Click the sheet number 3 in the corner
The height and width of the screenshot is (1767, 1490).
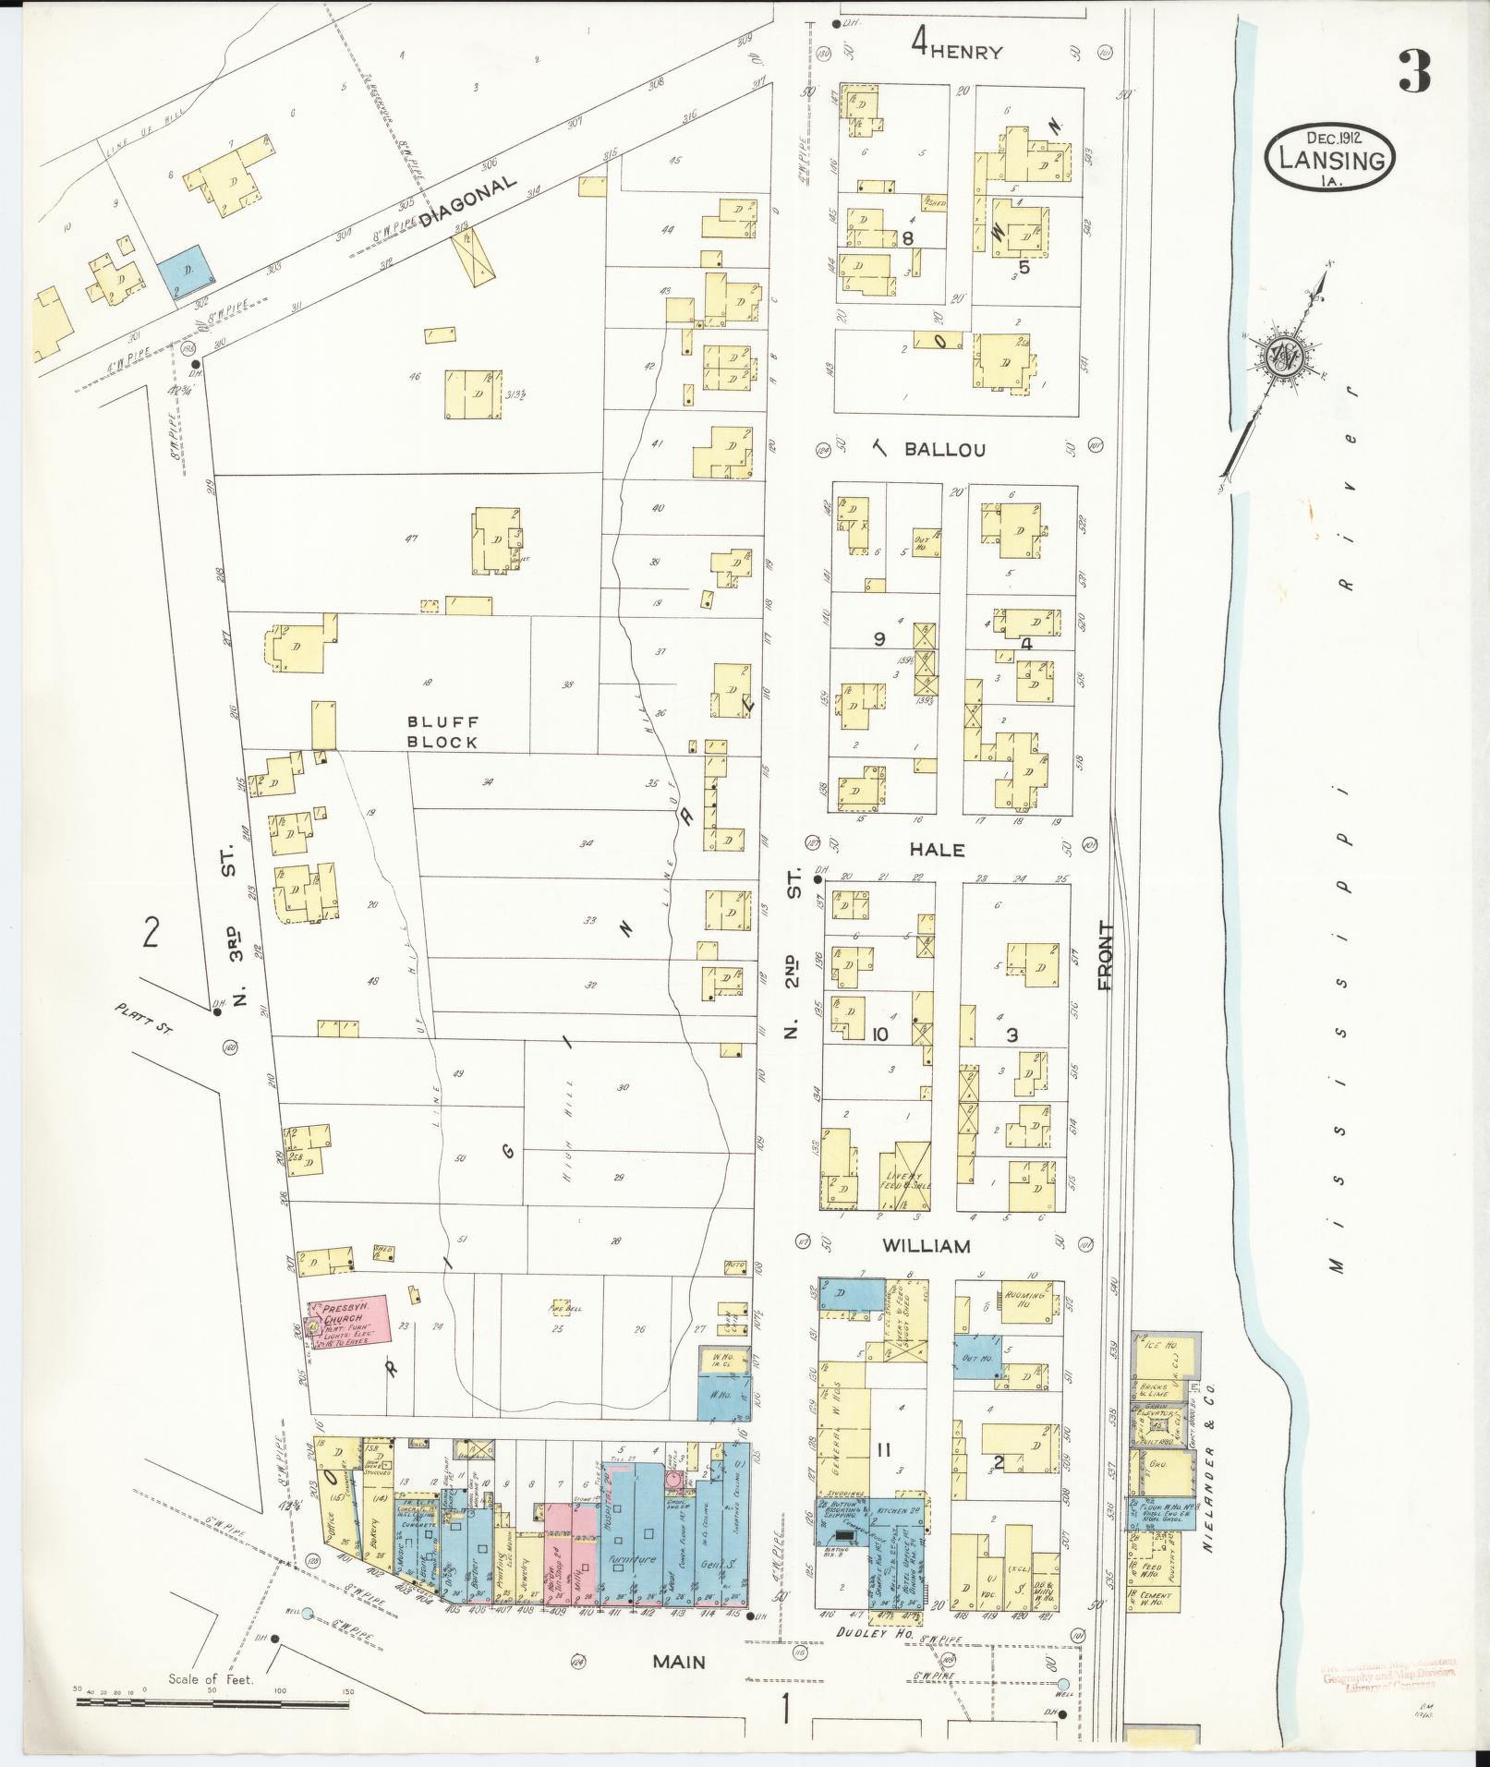(x=1413, y=71)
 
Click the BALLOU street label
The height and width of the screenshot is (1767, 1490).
(x=944, y=451)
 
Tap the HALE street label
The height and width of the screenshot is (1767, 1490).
(x=937, y=850)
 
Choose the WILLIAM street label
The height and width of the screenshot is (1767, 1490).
(x=927, y=1246)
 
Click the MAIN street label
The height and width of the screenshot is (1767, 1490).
(x=679, y=1662)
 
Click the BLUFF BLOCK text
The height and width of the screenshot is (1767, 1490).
(x=443, y=732)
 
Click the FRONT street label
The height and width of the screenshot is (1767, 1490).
(x=1107, y=956)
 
